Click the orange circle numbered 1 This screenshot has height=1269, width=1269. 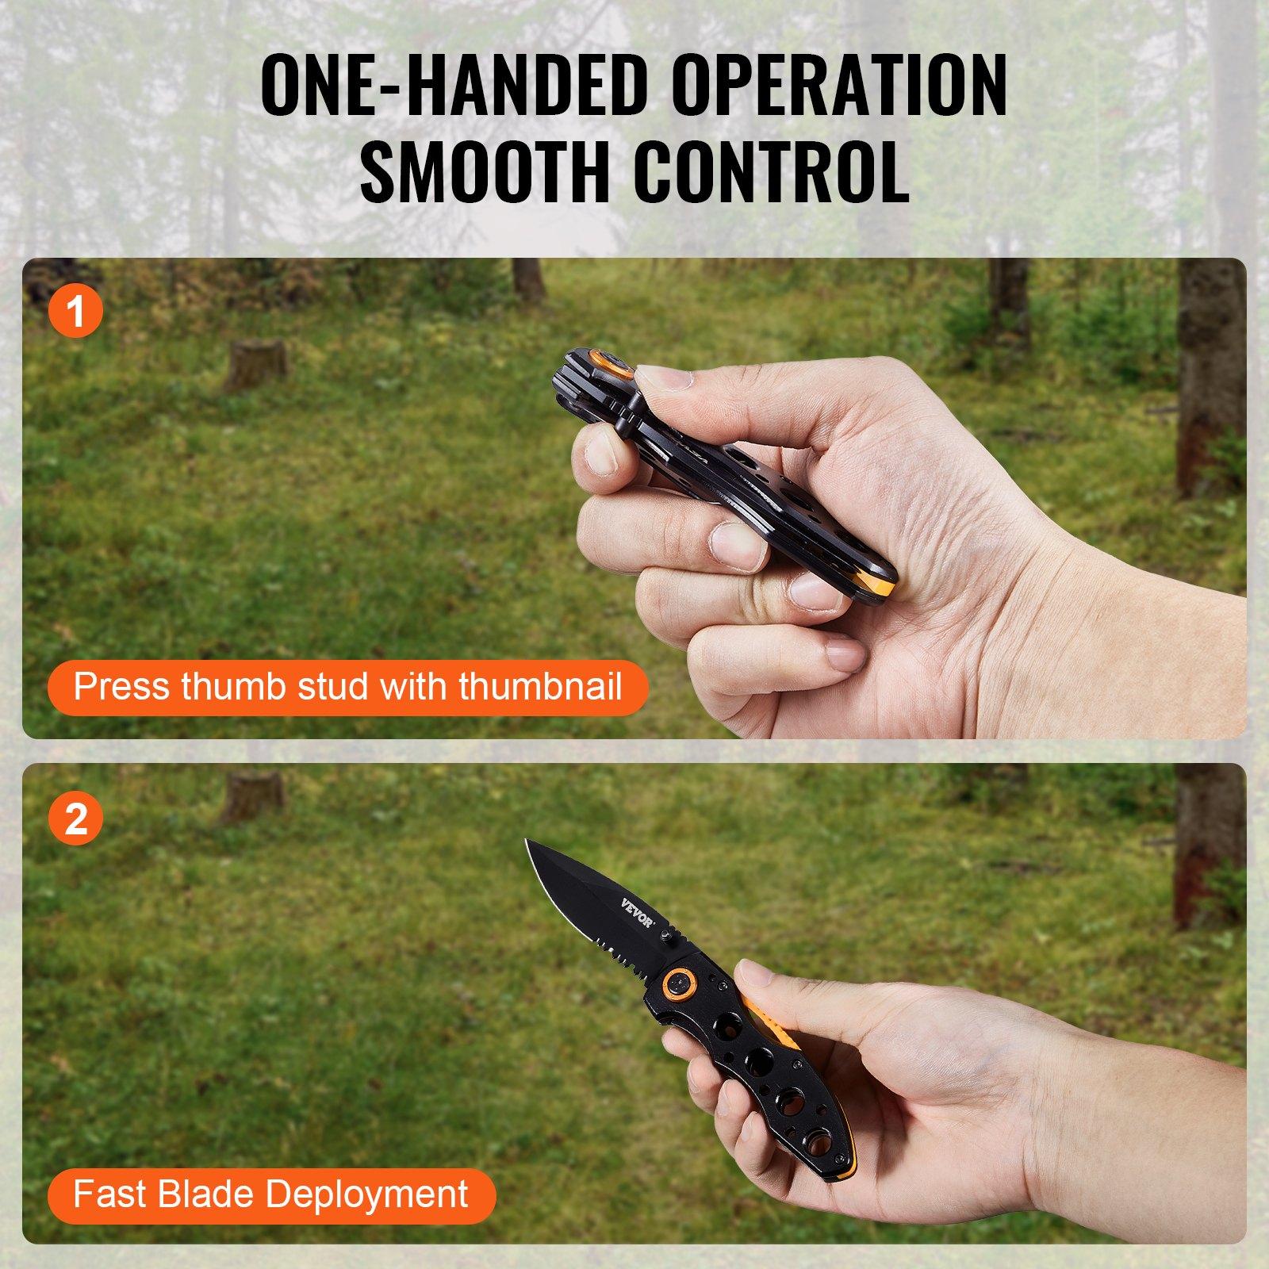[76, 311]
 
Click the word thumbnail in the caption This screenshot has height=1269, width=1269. [540, 685]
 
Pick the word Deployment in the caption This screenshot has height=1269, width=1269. [366, 1194]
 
